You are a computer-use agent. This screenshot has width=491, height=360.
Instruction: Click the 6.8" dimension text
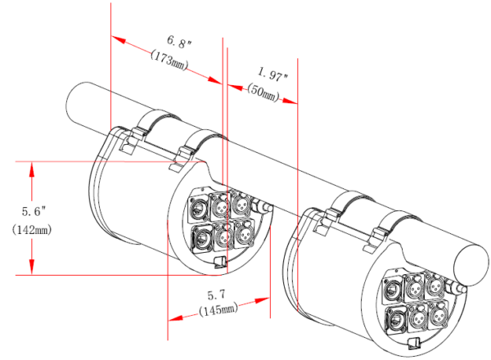pyautogui.click(x=178, y=42)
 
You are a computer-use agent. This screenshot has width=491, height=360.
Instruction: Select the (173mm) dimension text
pyautogui.click(x=169, y=60)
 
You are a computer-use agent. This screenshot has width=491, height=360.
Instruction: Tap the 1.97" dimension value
pyautogui.click(x=273, y=74)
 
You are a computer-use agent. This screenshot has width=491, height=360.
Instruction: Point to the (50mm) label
pyautogui.click(x=263, y=92)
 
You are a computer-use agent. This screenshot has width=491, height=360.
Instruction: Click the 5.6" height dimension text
pyautogui.click(x=34, y=211)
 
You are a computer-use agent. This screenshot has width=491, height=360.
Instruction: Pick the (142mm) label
pyautogui.click(x=32, y=230)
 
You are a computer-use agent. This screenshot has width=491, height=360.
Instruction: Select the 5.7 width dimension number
pyautogui.click(x=216, y=295)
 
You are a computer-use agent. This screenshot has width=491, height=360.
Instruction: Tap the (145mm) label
pyautogui.click(x=218, y=309)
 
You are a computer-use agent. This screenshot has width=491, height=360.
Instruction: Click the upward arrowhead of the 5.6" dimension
pyautogui.click(x=32, y=169)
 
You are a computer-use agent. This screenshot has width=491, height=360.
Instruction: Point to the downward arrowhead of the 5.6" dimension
pyautogui.click(x=32, y=268)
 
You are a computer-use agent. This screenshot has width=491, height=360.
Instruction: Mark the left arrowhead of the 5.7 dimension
pyautogui.click(x=175, y=318)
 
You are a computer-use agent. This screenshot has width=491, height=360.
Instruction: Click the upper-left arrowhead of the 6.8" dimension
pyautogui.click(x=119, y=39)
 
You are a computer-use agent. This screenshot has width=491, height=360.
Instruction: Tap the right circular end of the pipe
pyautogui.click(x=471, y=265)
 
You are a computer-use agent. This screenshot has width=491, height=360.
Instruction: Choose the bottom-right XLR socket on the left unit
pyautogui.click(x=244, y=233)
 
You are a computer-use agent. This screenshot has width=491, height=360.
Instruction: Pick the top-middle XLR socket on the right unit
pyautogui.click(x=414, y=287)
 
